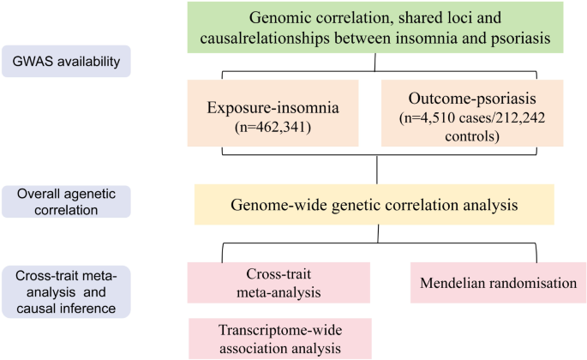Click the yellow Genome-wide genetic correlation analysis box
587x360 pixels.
tap(374, 205)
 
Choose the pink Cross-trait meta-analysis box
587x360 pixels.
tap(278, 283)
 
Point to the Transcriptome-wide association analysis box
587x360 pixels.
tap(278, 338)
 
